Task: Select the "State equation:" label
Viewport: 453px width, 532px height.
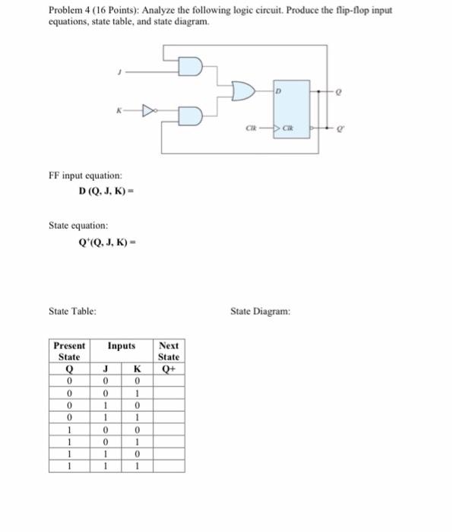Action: (78, 226)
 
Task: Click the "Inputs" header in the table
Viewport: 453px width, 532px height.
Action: (122, 346)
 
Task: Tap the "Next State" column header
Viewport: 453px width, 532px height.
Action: (169, 351)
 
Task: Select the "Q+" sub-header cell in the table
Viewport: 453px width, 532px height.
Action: (169, 370)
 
